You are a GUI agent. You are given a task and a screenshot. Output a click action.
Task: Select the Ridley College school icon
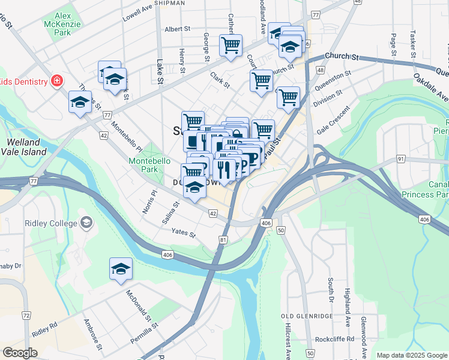(x=86, y=223)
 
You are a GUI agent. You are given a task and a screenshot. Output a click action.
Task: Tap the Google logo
(x=20, y=353)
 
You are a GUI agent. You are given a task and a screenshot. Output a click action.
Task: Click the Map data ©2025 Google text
(x=412, y=355)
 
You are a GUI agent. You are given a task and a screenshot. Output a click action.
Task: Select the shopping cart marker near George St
(x=231, y=46)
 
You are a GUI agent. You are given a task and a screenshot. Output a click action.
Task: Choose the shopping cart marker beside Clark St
(x=262, y=80)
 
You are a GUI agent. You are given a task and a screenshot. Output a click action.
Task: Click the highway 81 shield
(x=223, y=240)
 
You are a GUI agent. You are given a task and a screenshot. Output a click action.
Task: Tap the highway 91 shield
(x=400, y=160)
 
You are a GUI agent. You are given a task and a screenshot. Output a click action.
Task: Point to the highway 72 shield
(x=26, y=315)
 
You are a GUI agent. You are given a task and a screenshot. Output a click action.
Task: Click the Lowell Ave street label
(x=139, y=11)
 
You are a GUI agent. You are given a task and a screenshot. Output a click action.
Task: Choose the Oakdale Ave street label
(x=430, y=88)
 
